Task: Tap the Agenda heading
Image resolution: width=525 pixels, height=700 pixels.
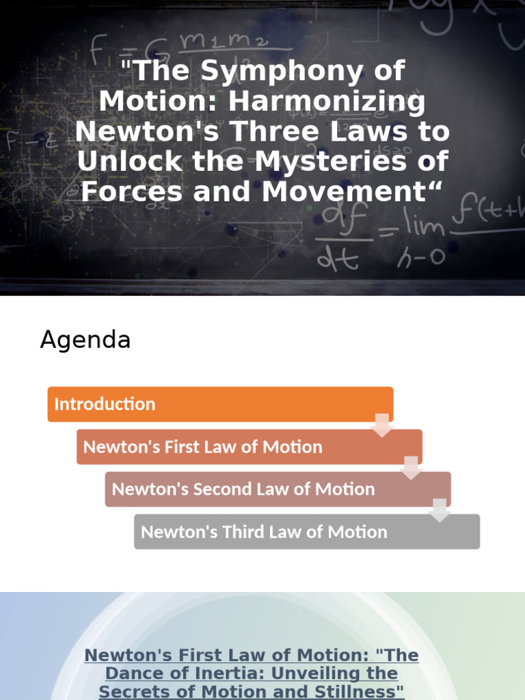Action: (x=85, y=340)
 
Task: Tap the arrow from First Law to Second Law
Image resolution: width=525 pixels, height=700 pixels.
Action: (x=411, y=468)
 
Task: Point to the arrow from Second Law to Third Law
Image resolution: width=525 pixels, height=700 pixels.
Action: (x=440, y=510)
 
